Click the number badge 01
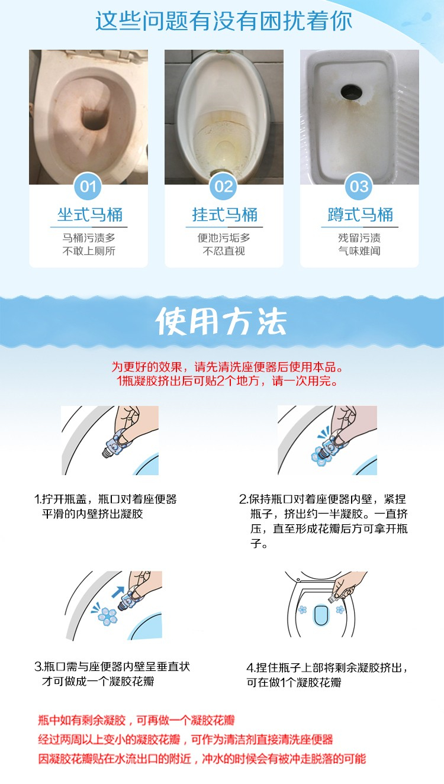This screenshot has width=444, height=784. [88, 186]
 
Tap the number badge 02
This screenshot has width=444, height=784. [223, 186]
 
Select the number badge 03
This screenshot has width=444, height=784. [359, 186]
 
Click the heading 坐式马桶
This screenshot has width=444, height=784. [90, 215]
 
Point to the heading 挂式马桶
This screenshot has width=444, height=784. [225, 215]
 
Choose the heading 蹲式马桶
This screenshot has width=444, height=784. [361, 215]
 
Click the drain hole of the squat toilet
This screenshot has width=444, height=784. [351, 91]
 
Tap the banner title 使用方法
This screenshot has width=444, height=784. [221, 322]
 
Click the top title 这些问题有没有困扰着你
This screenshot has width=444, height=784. [223, 21]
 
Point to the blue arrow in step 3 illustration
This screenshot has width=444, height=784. [118, 592]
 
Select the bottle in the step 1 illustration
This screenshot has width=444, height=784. [117, 443]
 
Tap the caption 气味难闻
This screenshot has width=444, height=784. [359, 251]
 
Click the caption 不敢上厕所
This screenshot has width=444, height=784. [89, 251]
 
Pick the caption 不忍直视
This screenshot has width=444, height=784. [224, 251]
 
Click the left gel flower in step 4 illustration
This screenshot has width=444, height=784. [303, 609]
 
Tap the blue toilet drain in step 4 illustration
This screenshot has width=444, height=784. [321, 615]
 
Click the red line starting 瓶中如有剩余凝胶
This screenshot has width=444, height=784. [136, 720]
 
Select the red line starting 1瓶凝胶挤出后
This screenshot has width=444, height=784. [227, 381]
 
